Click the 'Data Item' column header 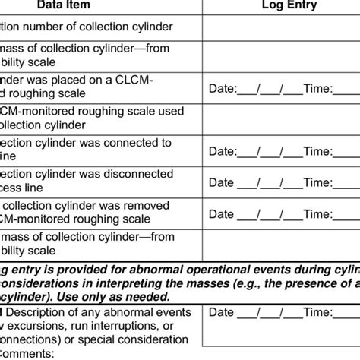93,5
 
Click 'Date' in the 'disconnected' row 221,182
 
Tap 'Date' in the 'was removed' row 221,213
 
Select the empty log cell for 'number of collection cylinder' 281,27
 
